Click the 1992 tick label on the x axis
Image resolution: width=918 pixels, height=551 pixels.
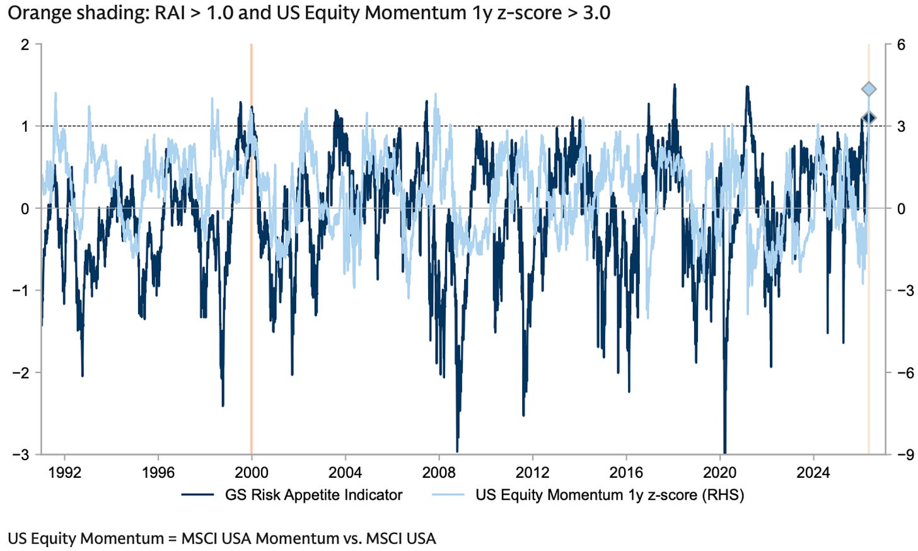tap(64, 473)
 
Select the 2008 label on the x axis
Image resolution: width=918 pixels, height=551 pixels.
tap(439, 473)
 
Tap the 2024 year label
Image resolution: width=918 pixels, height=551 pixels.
tap(813, 473)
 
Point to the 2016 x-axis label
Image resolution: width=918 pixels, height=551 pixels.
tap(626, 473)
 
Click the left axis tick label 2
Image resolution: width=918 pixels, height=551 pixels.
tap(25, 44)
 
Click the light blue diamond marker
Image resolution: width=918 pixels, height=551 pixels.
tap(869, 89)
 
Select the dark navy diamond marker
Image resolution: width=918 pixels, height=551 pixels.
tap(869, 118)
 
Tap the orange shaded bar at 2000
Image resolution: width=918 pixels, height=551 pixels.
tap(251, 249)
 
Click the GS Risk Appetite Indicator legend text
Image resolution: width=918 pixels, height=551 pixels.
tap(313, 495)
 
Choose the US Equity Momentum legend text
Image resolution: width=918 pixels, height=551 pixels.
tap(610, 495)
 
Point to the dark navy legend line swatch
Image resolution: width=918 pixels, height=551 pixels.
tap(197, 495)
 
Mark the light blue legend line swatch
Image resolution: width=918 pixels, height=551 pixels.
tap(448, 495)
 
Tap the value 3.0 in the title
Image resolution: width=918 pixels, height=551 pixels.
tap(597, 13)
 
